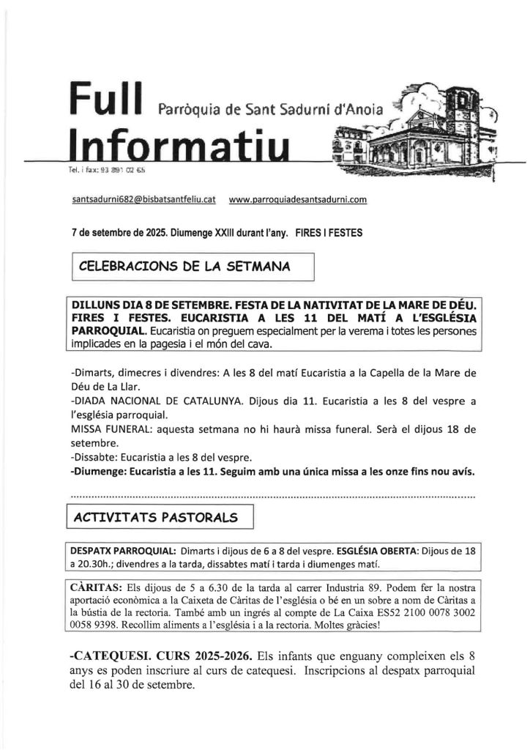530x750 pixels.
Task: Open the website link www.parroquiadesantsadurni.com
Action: click(x=297, y=198)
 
